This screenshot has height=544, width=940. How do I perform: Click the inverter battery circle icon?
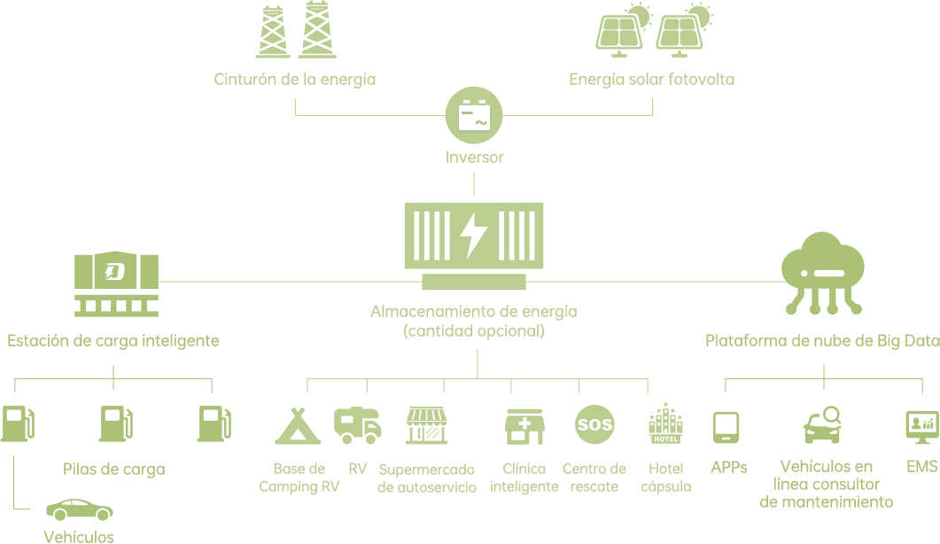click(474, 117)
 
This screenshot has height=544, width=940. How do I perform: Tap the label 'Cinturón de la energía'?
click(295, 80)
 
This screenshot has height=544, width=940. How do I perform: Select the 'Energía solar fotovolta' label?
click(651, 80)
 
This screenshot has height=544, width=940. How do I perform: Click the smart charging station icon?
click(116, 283)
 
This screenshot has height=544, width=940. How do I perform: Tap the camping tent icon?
click(298, 425)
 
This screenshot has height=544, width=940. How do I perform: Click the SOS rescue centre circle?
click(594, 425)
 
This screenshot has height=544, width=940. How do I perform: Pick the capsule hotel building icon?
click(665, 424)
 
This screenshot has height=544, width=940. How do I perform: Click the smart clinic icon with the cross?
click(524, 426)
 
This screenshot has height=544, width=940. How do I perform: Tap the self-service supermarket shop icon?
click(427, 425)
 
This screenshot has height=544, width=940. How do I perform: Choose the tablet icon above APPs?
click(726, 427)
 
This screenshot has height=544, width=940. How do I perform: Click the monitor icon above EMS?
click(921, 426)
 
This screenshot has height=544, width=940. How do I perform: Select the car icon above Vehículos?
click(80, 510)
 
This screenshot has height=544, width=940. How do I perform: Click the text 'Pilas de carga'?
click(114, 470)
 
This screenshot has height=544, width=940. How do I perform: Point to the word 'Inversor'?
click(474, 159)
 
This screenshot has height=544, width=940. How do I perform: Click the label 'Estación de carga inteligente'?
click(113, 340)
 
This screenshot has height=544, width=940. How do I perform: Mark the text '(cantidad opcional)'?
click(473, 332)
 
